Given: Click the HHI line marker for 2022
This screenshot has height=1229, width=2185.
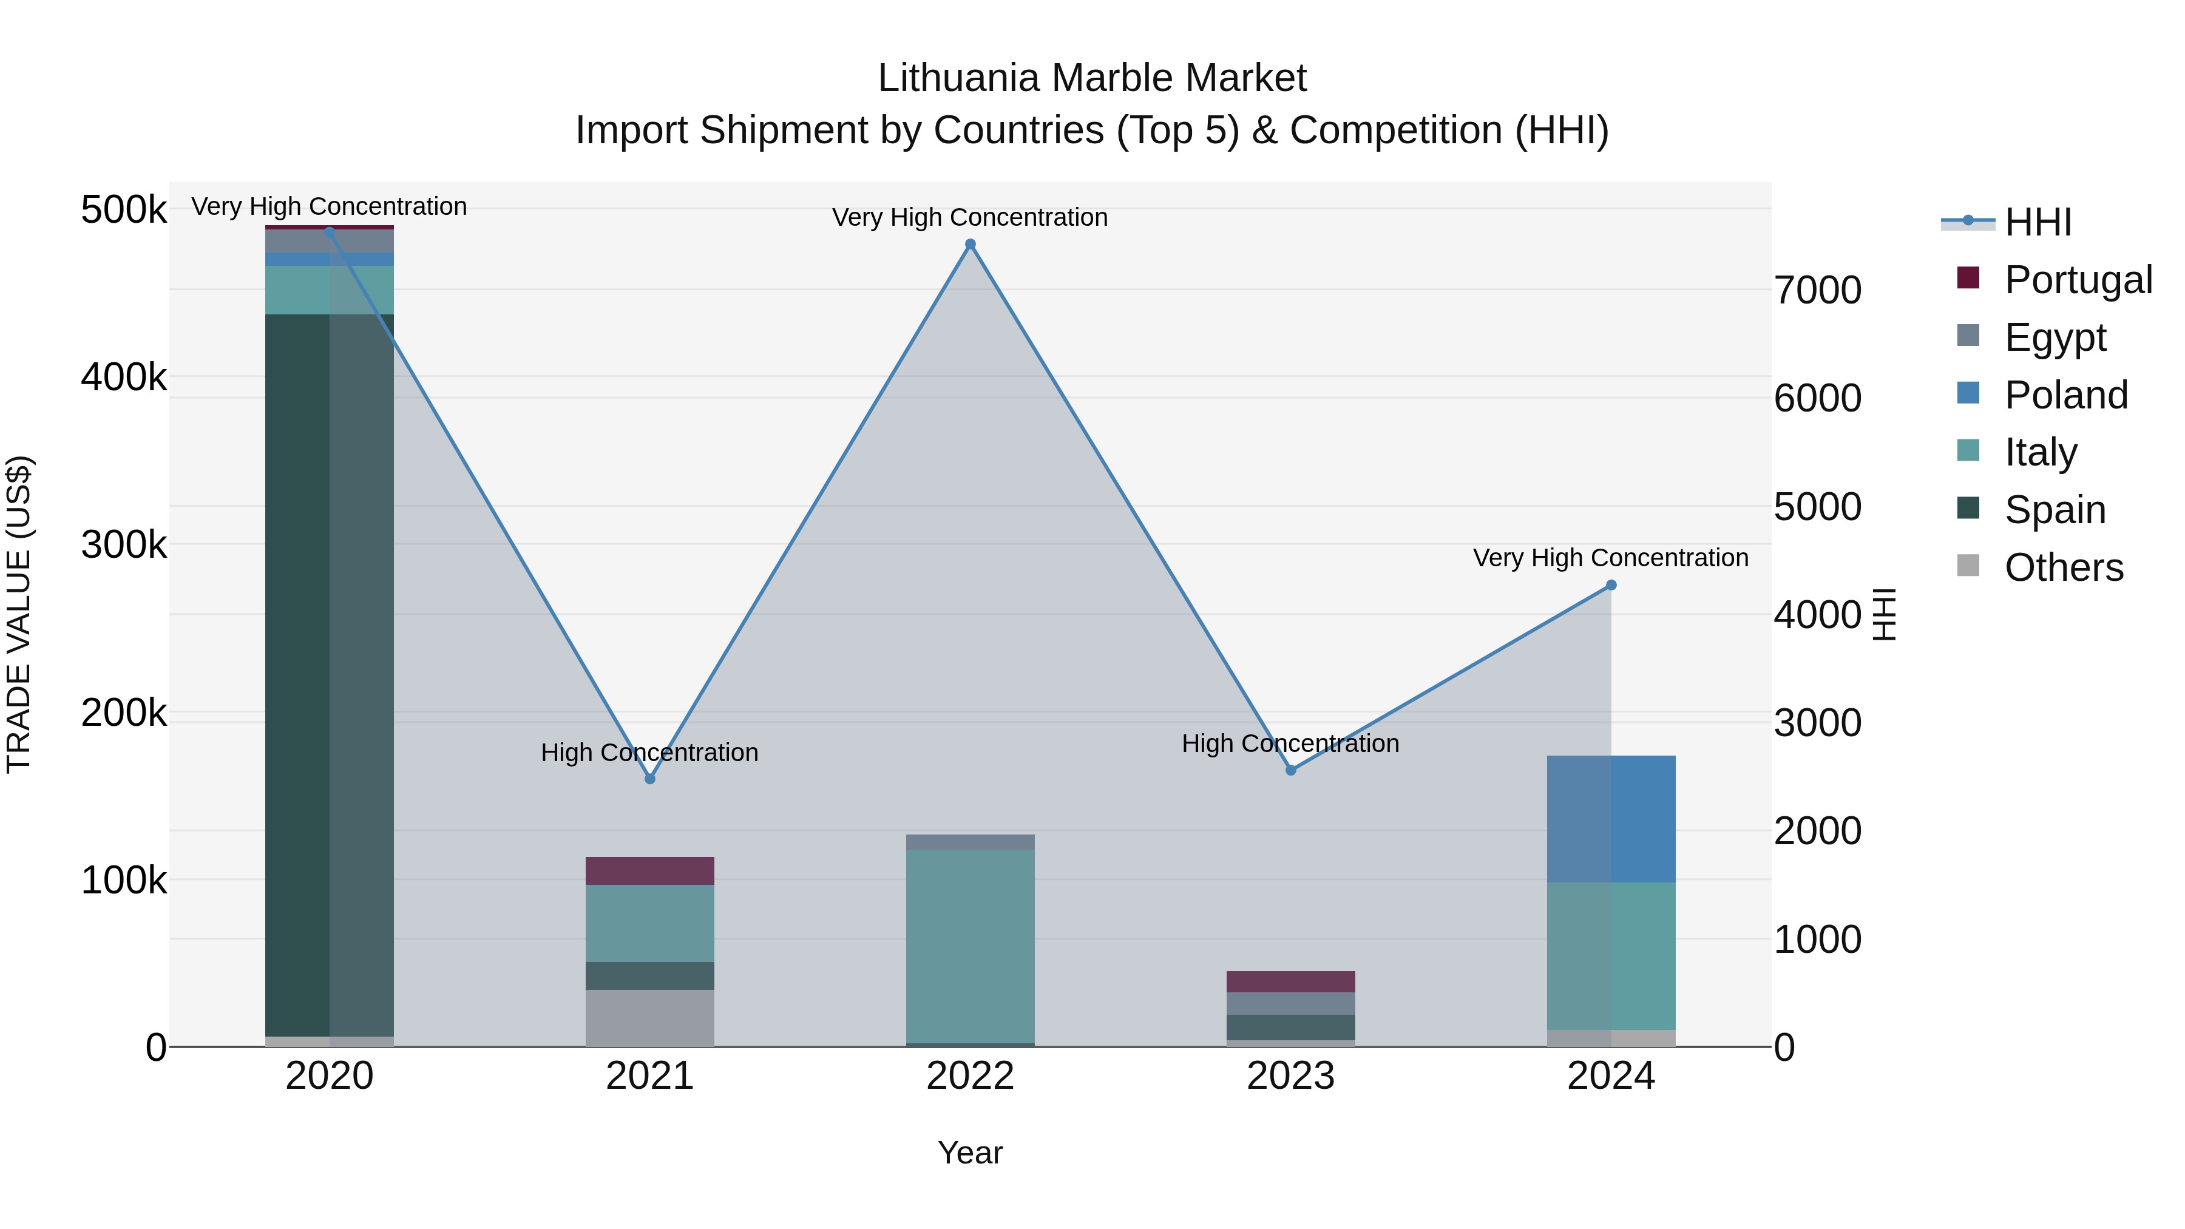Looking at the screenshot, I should point(971,244).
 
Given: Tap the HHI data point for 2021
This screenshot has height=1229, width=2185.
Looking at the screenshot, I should point(649,779).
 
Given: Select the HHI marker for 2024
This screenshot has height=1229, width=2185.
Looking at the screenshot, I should point(1611,585).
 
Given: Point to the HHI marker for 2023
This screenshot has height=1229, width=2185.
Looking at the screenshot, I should point(1291,770).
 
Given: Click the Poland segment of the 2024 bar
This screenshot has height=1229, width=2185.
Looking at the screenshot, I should point(1611,819).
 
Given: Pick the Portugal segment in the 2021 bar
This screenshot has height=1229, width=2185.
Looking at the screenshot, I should point(649,871).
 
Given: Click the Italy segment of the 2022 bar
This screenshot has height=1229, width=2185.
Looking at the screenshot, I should point(971,946).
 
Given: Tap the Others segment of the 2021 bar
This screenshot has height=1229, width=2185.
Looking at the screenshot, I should point(649,1018).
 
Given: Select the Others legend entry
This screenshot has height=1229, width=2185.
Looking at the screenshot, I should point(2063,567).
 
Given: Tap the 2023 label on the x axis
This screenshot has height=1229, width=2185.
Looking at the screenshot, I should point(1290,1076).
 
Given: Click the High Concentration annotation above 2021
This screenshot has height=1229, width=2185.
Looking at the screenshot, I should point(649,753).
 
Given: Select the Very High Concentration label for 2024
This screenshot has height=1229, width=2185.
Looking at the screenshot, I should point(1611,558).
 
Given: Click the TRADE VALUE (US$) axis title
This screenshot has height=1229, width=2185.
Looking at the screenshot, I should point(19,614).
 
